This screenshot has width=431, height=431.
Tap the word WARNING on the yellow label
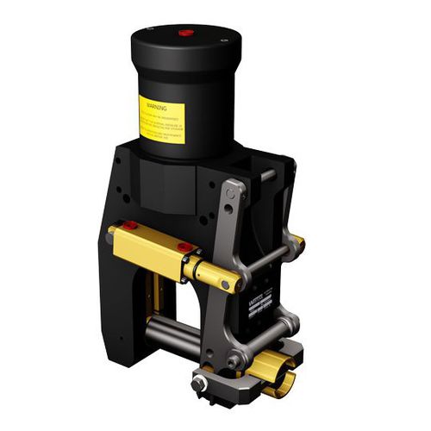pyautogui.click(x=157, y=109)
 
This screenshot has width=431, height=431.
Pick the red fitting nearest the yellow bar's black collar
pyautogui.click(x=184, y=248)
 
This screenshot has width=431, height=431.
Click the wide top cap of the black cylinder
pyautogui.click(x=184, y=43)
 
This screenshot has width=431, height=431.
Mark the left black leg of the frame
pyautogui.click(x=127, y=310)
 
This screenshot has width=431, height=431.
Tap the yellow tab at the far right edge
pyautogui.click(x=298, y=240)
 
